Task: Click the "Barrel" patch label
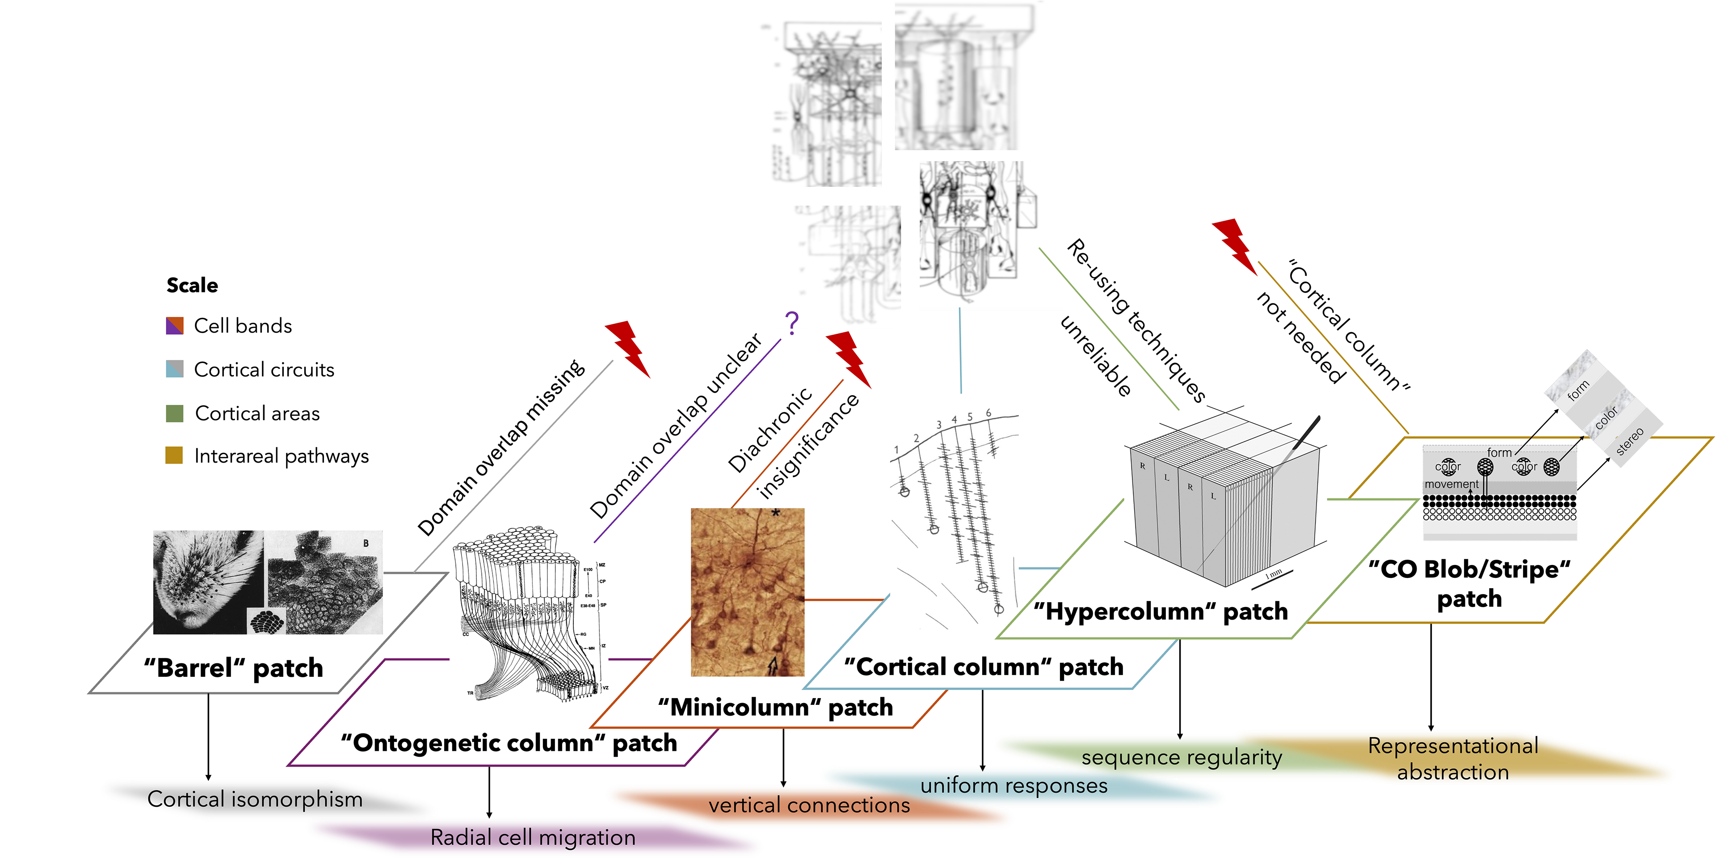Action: [233, 667]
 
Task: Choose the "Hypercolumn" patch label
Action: [1161, 611]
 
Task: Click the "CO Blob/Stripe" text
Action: [1469, 569]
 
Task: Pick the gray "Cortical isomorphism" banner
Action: [255, 799]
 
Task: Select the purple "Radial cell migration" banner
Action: [533, 837]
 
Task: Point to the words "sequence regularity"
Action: [1181, 758]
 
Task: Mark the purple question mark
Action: [791, 322]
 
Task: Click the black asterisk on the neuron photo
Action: [775, 512]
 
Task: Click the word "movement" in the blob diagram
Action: [1451, 484]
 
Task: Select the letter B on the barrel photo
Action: [366, 544]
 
